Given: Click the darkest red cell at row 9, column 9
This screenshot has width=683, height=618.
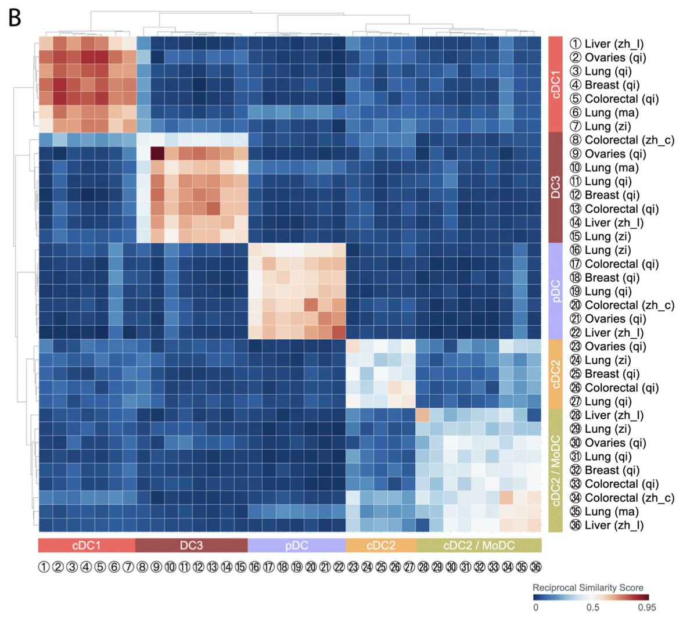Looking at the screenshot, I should point(156,153).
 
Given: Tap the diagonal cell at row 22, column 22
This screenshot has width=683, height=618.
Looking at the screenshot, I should point(338,332).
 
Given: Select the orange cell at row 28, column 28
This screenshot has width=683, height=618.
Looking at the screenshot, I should point(422,415).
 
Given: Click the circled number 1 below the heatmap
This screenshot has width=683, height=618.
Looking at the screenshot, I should point(45,567).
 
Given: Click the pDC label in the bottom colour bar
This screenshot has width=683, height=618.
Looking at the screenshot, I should point(296,545).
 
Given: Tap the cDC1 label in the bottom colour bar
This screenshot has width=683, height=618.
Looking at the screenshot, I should point(86,545).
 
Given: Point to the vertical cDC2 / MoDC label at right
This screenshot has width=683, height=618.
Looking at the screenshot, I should point(556,470).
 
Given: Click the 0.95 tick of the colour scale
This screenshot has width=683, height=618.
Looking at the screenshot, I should point(647,608).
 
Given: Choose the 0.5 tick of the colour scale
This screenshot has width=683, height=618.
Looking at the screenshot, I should point(591,608).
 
